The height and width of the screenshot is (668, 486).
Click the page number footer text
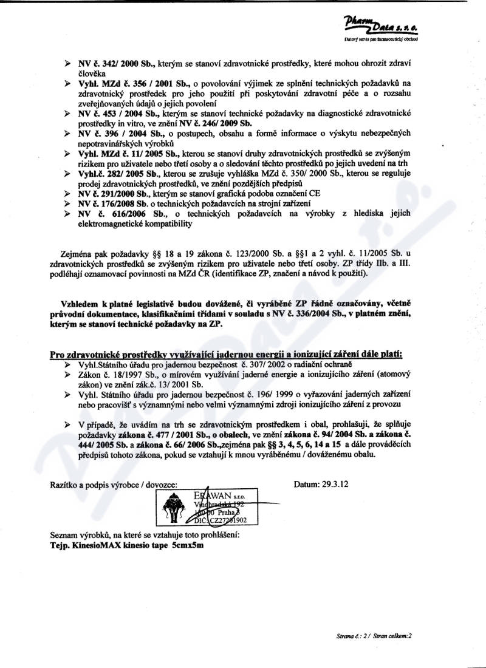(x=373, y=636)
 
